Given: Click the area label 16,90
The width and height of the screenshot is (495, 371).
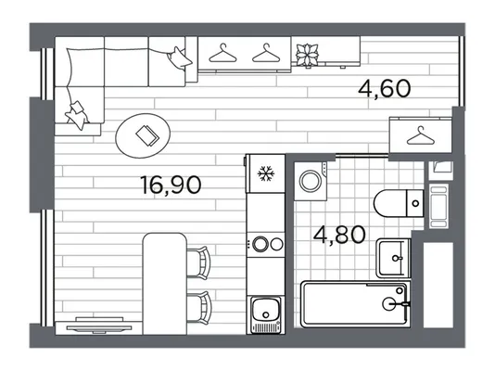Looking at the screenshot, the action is click(x=171, y=185).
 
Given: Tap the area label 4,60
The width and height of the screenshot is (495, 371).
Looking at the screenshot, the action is click(x=385, y=88).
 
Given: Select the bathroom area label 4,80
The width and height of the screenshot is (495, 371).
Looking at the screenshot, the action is click(x=339, y=235).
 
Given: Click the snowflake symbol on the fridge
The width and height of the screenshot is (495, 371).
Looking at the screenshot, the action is click(x=266, y=173).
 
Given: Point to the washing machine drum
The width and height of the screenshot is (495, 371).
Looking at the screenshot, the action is click(x=311, y=181).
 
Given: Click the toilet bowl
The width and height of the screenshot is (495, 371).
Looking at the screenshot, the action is click(x=390, y=203).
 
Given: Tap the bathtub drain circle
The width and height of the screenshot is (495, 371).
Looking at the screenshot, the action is click(x=388, y=303).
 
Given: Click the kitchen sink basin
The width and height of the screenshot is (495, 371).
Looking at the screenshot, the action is click(x=265, y=310).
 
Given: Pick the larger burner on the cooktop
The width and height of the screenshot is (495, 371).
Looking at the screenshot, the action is click(x=260, y=244).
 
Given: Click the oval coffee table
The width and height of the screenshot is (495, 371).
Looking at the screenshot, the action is click(x=143, y=135).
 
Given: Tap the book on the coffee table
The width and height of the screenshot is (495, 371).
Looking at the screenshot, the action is click(x=147, y=135).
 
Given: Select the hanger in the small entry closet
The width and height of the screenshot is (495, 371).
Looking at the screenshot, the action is click(x=420, y=135).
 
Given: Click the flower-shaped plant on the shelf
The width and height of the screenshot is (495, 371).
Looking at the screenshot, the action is click(x=307, y=56).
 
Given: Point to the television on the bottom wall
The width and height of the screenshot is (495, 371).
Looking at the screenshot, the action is click(x=99, y=328).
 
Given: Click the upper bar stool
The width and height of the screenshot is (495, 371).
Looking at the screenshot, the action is click(x=199, y=262).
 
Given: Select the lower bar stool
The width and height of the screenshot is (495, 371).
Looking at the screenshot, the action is click(x=199, y=308).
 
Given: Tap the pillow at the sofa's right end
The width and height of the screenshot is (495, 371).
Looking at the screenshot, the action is click(x=179, y=58).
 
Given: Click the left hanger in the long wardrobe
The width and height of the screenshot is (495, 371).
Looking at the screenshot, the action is click(x=222, y=53).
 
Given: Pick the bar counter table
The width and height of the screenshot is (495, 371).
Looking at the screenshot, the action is click(x=165, y=284).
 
